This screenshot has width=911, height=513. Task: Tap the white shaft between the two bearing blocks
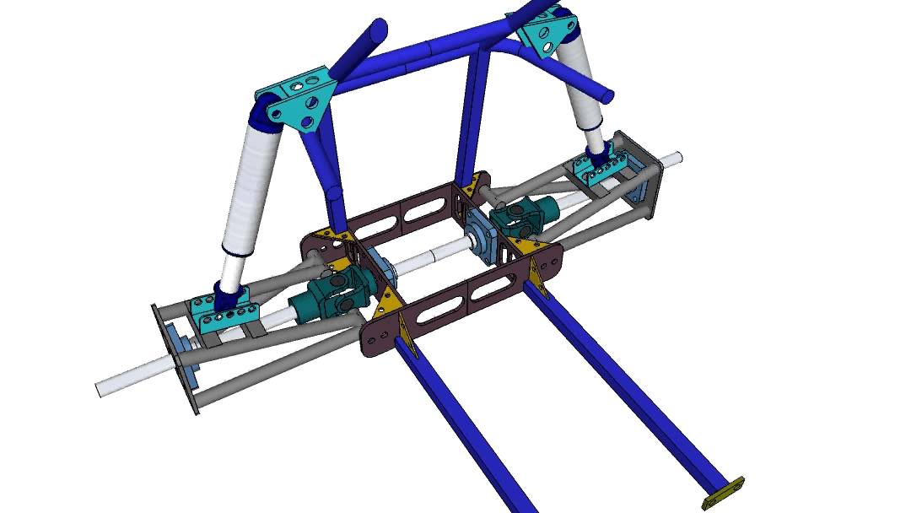coord(430,258)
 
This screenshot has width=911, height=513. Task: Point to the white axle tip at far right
coord(671,158)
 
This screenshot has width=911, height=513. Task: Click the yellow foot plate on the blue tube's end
coord(724,492)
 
